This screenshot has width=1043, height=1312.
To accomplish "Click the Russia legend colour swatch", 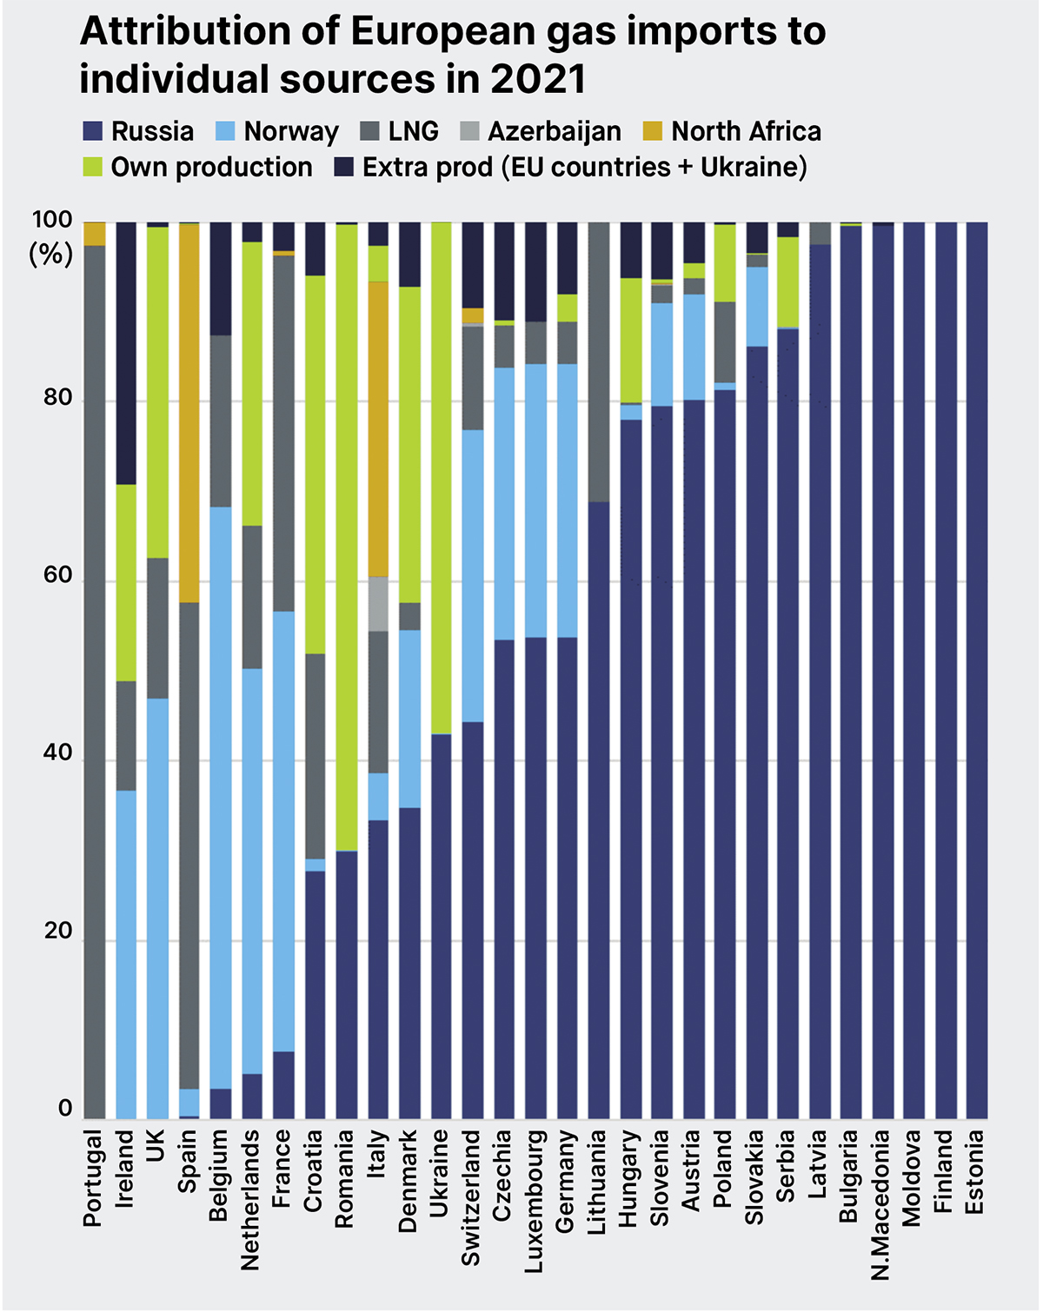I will tap(93, 131).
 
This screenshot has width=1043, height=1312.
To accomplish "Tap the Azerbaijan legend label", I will tap(554, 131).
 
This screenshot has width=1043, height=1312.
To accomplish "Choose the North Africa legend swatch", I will tap(653, 131).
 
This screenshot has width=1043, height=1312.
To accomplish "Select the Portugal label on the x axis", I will tap(93, 1177).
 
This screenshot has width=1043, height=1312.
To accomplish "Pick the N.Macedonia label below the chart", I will tap(881, 1204).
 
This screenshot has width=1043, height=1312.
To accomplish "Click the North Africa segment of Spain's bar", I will tap(189, 413).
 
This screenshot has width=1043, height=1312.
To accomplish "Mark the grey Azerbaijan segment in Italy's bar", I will tap(378, 603).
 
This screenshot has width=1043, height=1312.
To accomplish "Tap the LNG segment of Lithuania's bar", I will tap(598, 361).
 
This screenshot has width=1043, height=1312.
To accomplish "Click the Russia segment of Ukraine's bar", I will tap(441, 926).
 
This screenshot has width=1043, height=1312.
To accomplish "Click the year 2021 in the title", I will tap(538, 79).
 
